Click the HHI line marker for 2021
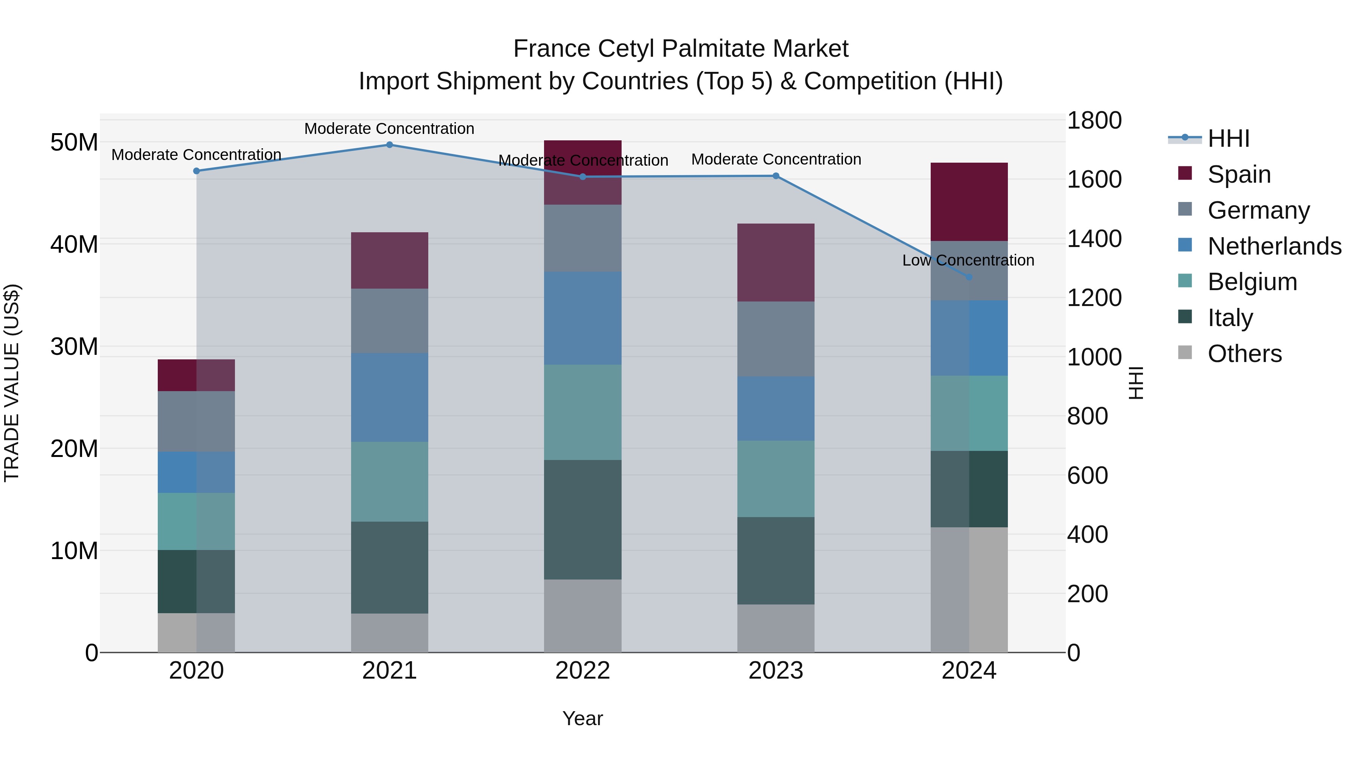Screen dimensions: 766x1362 (389, 144)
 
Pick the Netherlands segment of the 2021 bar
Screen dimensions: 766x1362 (389, 397)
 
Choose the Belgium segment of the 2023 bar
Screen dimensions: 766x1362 (776, 479)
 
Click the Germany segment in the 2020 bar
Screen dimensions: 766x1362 (196, 421)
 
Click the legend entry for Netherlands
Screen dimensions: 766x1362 (1274, 246)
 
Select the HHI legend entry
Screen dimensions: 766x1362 (1228, 138)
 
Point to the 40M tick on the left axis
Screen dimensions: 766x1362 (74, 245)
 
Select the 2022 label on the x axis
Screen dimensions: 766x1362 (583, 671)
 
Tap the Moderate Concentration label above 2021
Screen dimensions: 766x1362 (389, 129)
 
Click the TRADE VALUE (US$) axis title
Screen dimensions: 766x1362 (12, 383)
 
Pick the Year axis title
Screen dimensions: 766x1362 (582, 718)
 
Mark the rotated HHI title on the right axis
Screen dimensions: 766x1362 (1136, 383)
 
